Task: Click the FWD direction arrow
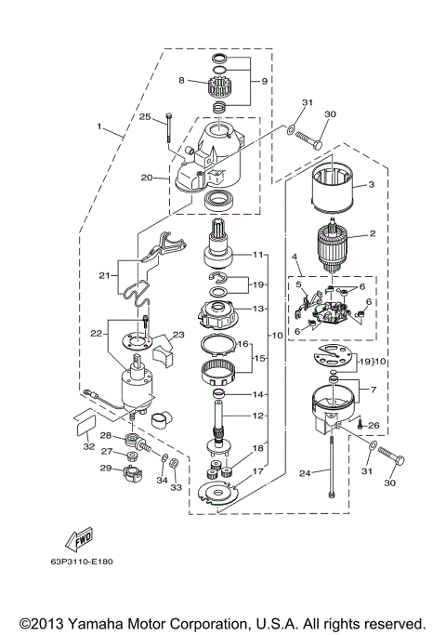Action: (x=77, y=539)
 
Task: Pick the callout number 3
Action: (x=371, y=185)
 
